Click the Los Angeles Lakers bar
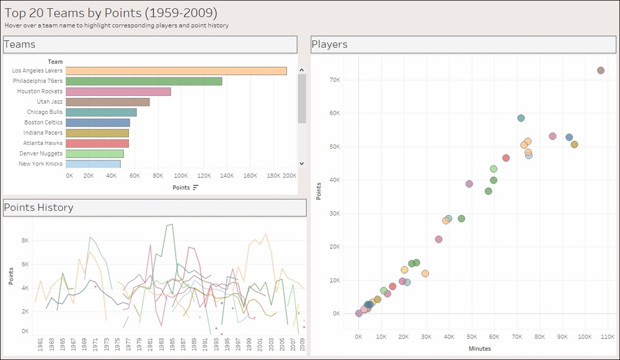click(176, 71)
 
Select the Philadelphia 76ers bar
click(144, 81)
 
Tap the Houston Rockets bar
click(118, 92)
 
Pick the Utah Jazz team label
click(50, 102)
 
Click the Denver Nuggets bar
click(94, 154)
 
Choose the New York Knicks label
click(40, 164)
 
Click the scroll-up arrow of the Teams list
click(302, 70)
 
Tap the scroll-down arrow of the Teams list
click(302, 163)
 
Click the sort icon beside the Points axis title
click(196, 188)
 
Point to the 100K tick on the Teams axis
click(180, 176)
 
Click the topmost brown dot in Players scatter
click(601, 71)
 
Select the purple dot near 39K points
click(469, 184)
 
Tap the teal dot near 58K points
click(521, 118)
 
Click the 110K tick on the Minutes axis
click(608, 336)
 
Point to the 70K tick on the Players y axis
click(335, 80)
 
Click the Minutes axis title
click(480, 349)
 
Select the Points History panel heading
click(38, 208)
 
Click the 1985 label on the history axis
click(172, 344)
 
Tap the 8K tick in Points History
click(25, 240)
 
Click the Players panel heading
click(329, 44)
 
